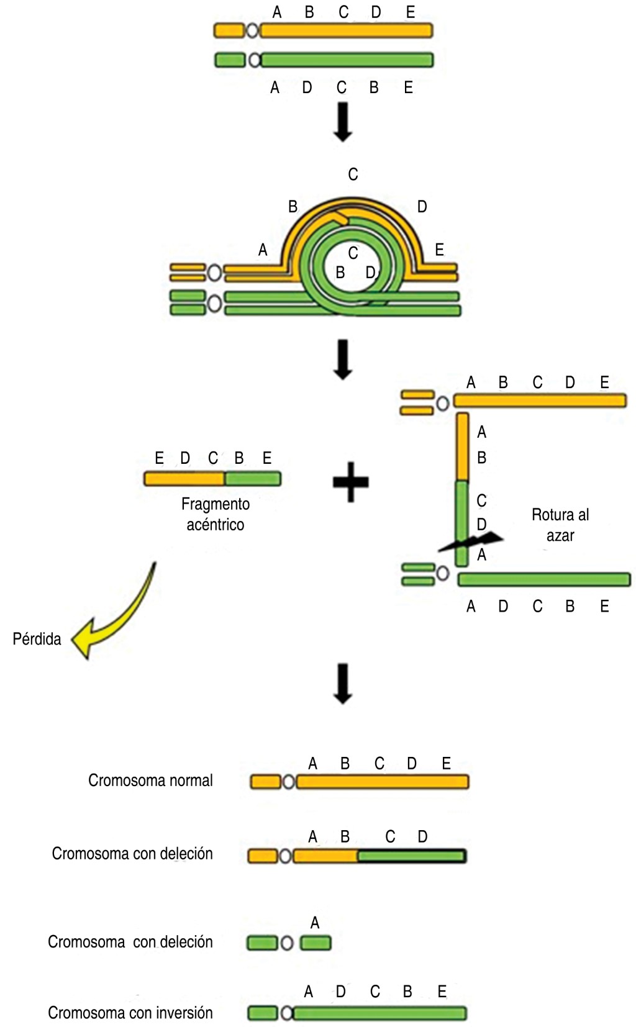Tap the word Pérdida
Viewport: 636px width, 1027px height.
click(37, 639)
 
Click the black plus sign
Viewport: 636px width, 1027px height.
click(351, 482)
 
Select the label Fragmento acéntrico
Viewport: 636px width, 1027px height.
click(216, 514)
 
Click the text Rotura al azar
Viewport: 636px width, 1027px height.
click(560, 525)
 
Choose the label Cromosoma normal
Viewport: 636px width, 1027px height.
click(150, 780)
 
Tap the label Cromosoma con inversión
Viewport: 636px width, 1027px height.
click(130, 1013)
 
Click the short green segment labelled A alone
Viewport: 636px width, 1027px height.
click(316, 943)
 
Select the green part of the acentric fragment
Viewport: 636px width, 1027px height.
click(253, 479)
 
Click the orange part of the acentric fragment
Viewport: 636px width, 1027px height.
click(184, 479)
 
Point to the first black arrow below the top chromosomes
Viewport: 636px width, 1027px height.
click(343, 121)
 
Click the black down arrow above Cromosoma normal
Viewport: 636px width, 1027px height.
click(343, 684)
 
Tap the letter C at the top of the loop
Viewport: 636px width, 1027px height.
click(353, 174)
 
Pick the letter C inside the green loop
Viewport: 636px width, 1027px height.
click(353, 253)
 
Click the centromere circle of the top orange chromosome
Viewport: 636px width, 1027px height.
click(252, 30)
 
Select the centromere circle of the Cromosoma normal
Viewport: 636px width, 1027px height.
click(289, 782)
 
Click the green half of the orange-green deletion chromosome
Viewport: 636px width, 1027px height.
click(411, 856)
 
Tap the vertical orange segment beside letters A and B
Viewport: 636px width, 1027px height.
click(463, 447)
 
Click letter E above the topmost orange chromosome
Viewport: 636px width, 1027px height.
click(410, 12)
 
